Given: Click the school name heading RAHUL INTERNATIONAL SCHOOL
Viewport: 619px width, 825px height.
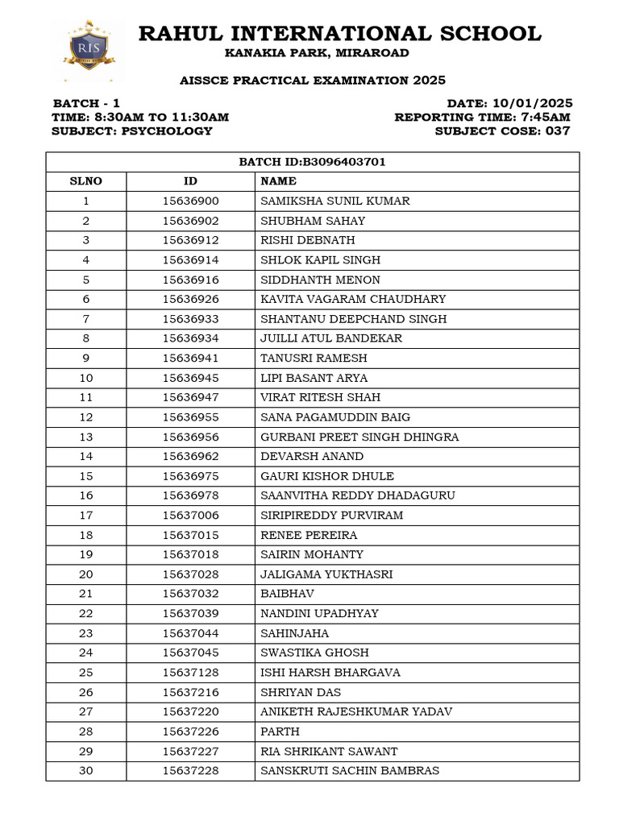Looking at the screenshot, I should pos(339,34).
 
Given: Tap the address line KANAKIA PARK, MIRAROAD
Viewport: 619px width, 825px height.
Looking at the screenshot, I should pos(317,53).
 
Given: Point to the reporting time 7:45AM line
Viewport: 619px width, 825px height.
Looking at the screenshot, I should pos(482,117).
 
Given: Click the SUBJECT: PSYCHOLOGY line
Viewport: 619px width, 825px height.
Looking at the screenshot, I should pos(132,131).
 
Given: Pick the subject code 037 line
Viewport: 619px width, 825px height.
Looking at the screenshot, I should pos(502,131).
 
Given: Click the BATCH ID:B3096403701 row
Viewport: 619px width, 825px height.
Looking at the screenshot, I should pos(312,162).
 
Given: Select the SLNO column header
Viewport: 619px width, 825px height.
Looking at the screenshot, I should pos(86,181).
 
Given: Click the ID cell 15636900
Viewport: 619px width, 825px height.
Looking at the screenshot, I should pos(190,201).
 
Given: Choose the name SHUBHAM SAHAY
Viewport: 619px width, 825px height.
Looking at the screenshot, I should pos(313,221).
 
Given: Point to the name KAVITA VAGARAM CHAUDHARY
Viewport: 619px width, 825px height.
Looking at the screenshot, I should pos(353,299).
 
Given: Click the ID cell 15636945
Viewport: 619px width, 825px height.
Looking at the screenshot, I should pos(190,378).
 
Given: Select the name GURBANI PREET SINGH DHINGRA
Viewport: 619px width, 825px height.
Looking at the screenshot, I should pos(359,437).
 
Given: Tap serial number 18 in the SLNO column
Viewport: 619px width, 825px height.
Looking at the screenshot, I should pos(86,535).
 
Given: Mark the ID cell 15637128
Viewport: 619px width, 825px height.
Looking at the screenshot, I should pos(190,673).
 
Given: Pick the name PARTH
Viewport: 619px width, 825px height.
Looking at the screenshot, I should pos(280,732).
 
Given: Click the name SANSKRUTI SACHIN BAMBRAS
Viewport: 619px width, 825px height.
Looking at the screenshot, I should pos(350,771).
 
